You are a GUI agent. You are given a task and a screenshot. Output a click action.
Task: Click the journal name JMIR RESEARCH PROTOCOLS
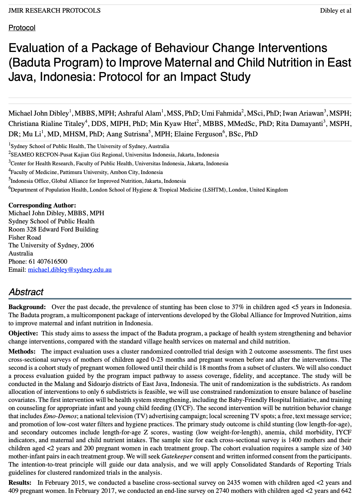(54, 10)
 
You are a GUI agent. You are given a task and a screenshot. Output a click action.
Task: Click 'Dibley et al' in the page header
(335, 10)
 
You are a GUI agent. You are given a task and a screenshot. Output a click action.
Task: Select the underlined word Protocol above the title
(22, 28)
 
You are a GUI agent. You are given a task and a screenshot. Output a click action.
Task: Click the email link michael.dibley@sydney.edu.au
(70, 269)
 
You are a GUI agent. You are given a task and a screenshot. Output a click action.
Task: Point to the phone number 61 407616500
(47, 261)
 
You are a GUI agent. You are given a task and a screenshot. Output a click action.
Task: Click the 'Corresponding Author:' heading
(42, 205)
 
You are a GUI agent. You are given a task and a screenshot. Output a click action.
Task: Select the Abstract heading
(26, 292)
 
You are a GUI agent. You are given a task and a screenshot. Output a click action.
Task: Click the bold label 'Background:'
(27, 307)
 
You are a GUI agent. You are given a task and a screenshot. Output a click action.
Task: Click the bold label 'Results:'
(20, 483)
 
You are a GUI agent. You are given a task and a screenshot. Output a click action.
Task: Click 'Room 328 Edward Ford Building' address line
(54, 229)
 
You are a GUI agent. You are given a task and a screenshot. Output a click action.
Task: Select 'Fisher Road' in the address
(25, 237)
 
